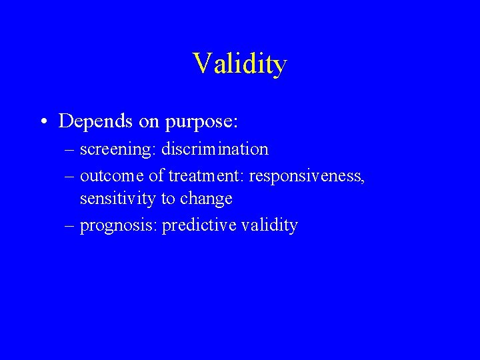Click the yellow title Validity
pyautogui.click(x=240, y=64)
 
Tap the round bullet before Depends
pyautogui.click(x=43, y=121)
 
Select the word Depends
pyautogui.click(x=92, y=121)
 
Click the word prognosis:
pyautogui.click(x=118, y=226)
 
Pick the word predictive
pyautogui.click(x=198, y=225)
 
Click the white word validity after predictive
pyautogui.click(x=269, y=226)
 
